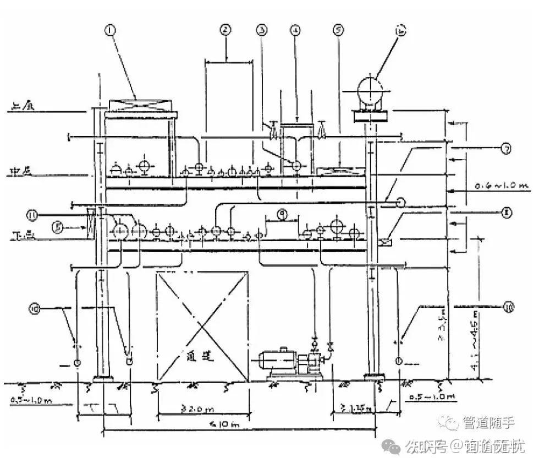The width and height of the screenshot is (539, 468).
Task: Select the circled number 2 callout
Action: [x=224, y=31]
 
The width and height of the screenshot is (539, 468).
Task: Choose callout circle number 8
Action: [x=507, y=210]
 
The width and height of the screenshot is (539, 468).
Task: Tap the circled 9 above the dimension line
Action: [x=281, y=216]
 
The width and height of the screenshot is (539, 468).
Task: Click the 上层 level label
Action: [x=21, y=108]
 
